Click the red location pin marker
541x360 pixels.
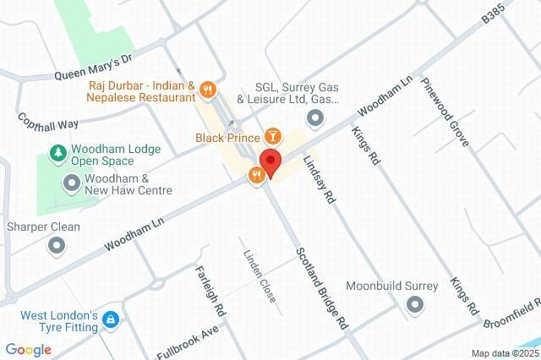[x=270, y=161]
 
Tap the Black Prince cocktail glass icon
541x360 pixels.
[x=273, y=135]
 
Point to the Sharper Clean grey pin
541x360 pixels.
[x=57, y=245]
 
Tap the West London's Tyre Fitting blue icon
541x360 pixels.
[x=111, y=320]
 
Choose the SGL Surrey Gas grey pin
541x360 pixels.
[x=315, y=118]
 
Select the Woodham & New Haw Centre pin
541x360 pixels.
[x=72, y=182]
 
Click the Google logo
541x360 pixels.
[x=28, y=349]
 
